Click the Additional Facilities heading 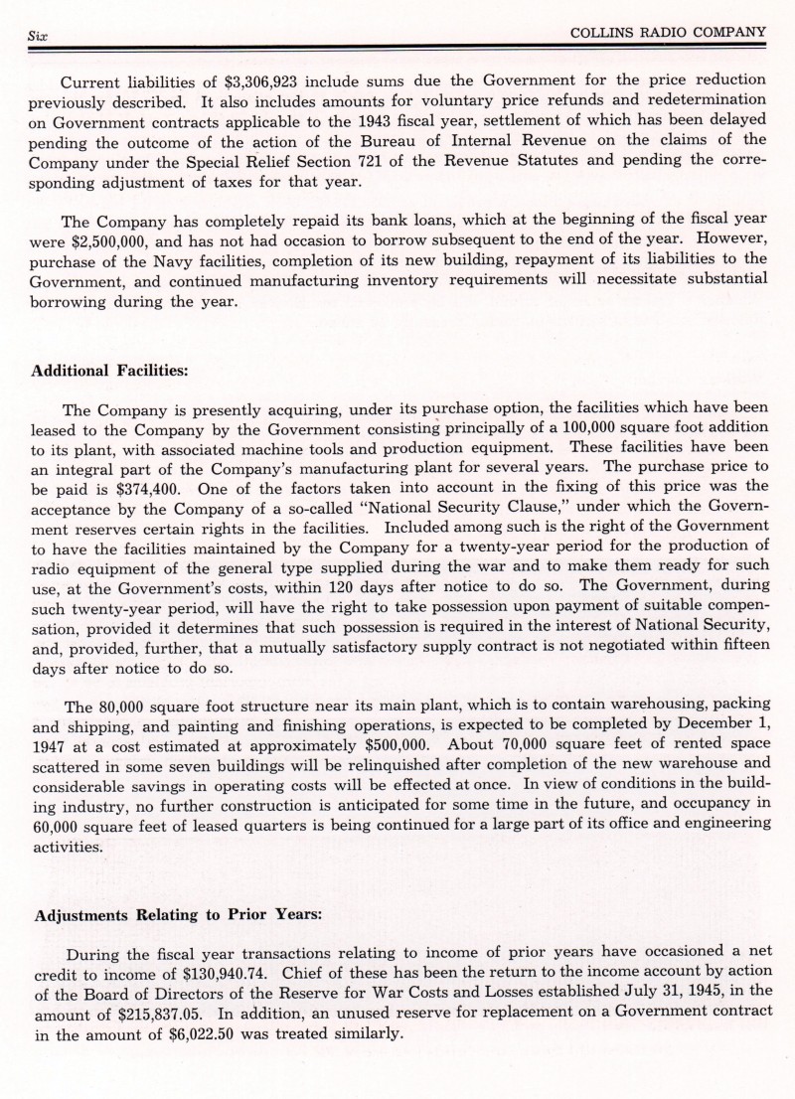pyautogui.click(x=110, y=370)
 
